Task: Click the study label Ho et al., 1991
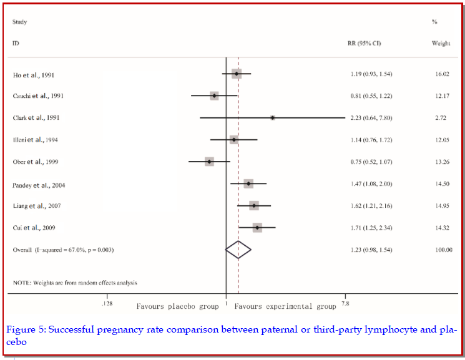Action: coord(34,75)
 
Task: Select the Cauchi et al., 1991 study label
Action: coord(38,96)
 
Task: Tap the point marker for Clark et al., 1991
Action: coord(273,117)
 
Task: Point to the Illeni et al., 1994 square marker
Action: coord(234,140)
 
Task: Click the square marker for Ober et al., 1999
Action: coord(209,162)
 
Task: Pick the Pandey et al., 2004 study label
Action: coord(39,185)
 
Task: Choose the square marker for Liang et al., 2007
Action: coord(254,205)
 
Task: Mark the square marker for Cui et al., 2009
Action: coord(257,228)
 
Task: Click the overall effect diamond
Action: coord(238,250)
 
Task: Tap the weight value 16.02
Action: coord(442,75)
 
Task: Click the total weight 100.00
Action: coord(443,250)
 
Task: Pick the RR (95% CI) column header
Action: coord(364,44)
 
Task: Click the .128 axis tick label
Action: coord(107,303)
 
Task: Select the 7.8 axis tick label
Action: coord(345,303)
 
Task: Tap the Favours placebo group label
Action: coord(177,307)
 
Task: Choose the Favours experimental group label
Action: coord(285,307)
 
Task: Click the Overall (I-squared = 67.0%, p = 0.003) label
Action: coord(63,250)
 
